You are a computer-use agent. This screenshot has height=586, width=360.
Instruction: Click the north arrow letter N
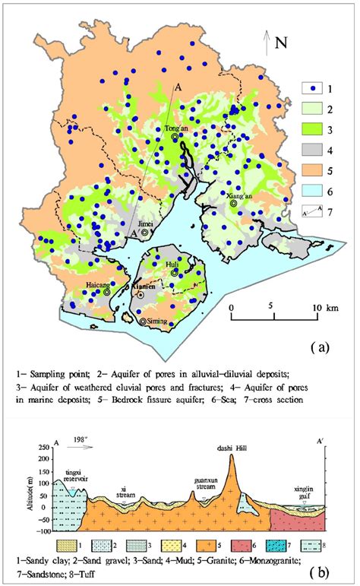[x=280, y=43]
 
